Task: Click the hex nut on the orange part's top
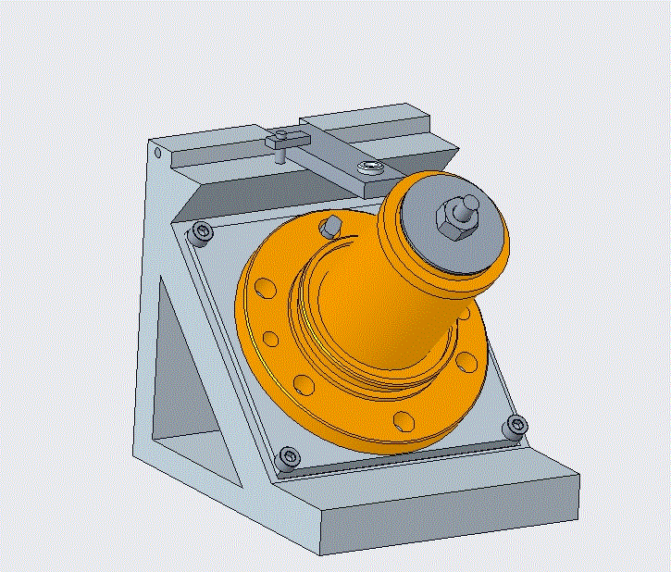click(x=450, y=220)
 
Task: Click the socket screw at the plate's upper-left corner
click(x=200, y=233)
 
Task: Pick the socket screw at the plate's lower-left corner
click(x=290, y=456)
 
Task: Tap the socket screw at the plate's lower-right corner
click(x=516, y=427)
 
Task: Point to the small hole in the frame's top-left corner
click(x=158, y=152)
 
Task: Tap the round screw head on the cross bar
click(x=371, y=168)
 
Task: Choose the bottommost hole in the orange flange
click(x=404, y=421)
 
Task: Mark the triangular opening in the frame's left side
click(x=180, y=370)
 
